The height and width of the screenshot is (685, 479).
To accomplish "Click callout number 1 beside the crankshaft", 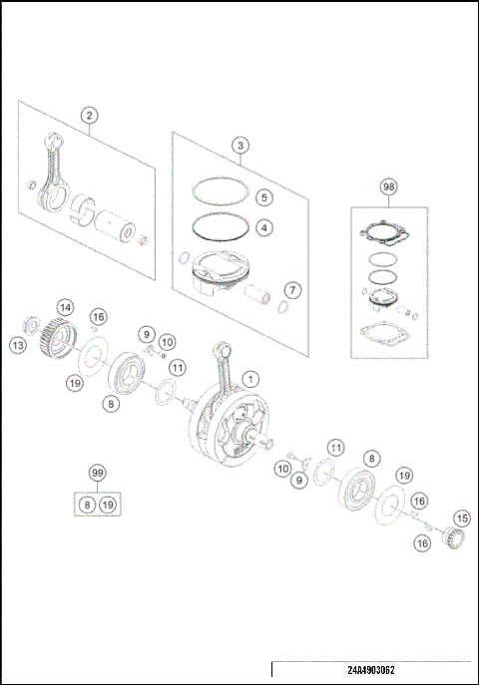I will [x=250, y=379].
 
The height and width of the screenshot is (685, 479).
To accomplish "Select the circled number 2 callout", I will [x=90, y=115].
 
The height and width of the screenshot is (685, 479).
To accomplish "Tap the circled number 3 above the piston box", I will [x=240, y=146].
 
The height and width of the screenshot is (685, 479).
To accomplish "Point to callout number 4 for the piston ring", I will [x=262, y=227].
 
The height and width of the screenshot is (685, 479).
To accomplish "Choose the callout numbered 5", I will [x=262, y=196].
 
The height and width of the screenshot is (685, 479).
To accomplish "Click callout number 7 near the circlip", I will [x=291, y=290].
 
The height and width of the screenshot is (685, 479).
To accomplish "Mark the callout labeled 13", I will [x=18, y=345].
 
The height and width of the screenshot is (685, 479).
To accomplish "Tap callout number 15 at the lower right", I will [x=460, y=518].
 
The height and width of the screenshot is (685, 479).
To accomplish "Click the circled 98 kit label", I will [x=388, y=186].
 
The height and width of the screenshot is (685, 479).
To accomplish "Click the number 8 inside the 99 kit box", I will [x=87, y=506].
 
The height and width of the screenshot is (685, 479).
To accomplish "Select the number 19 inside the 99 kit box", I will [x=108, y=506].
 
